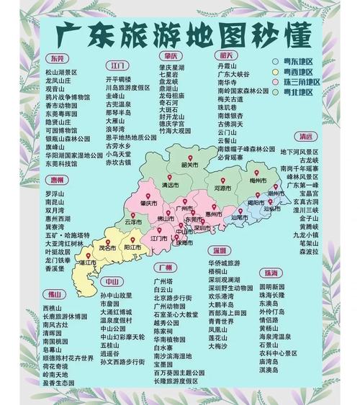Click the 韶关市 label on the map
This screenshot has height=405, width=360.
190,164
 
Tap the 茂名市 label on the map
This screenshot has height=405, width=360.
107,247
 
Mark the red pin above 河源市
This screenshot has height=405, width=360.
222,179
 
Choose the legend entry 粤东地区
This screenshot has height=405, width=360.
300,62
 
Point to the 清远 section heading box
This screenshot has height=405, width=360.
306,137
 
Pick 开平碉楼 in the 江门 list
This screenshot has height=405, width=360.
119,78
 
